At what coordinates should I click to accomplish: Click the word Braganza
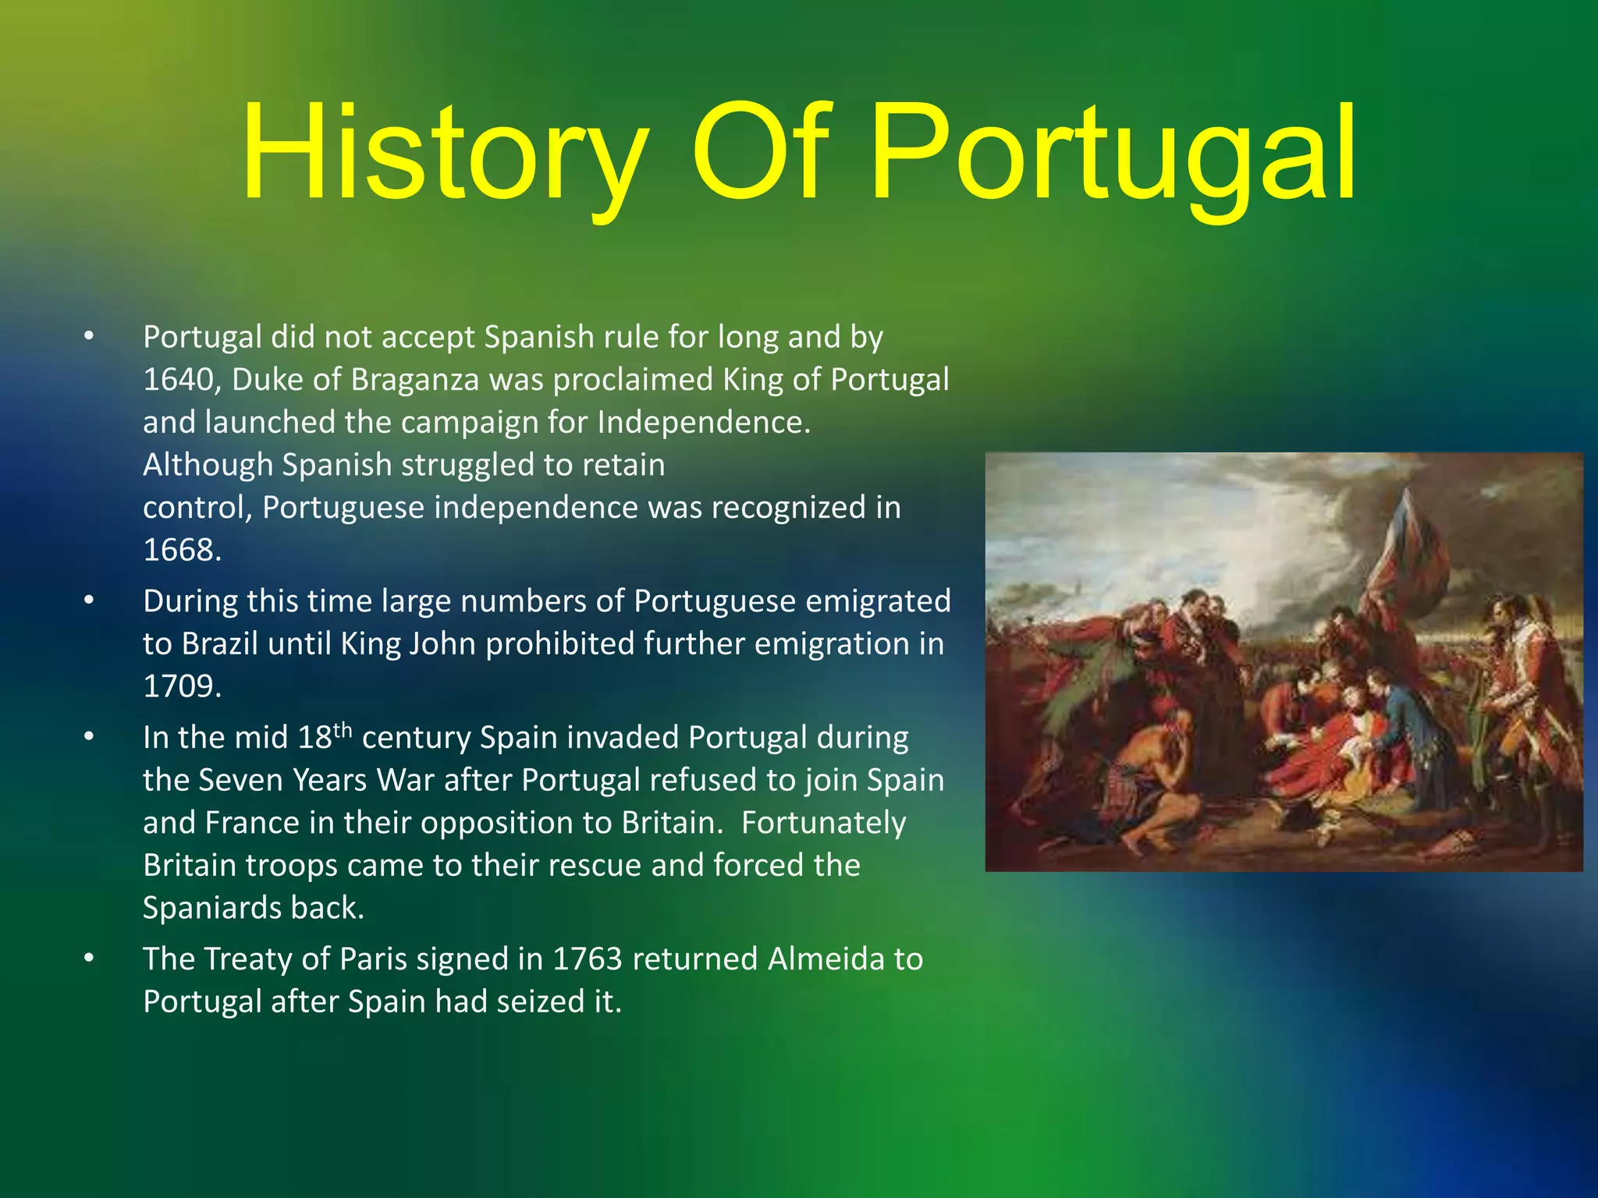415,380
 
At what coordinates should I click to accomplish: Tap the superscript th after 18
343,731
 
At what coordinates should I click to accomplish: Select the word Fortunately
823,823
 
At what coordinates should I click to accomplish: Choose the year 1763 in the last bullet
587,959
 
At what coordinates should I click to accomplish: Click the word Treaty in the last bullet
248,959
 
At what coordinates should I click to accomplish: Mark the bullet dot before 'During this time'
90,601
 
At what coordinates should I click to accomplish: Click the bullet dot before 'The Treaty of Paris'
90,959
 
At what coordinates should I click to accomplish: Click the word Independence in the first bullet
704,423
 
